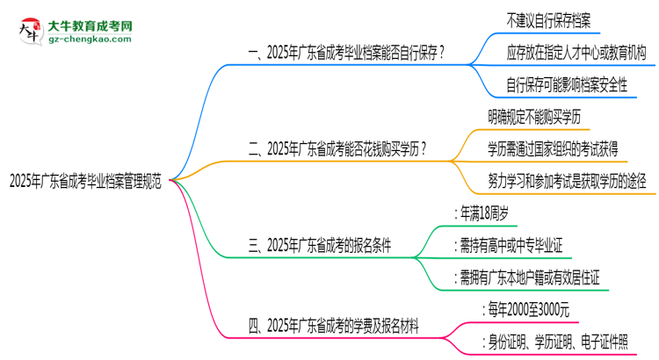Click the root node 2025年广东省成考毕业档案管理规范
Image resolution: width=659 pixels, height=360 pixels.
coord(84,182)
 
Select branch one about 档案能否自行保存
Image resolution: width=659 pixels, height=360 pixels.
coord(346,54)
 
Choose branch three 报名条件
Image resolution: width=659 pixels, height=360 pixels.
coord(321,246)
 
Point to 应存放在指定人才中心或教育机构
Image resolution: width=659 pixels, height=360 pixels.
coord(576,53)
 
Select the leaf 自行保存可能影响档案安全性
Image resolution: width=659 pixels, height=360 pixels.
coord(567,85)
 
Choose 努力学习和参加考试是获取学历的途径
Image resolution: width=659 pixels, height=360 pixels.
coord(567,181)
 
